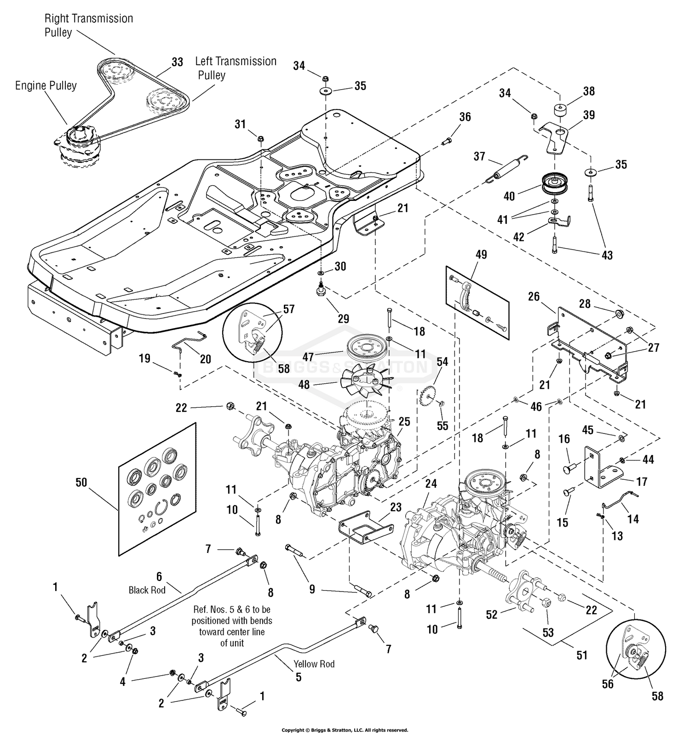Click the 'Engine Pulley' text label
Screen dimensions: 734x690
click(x=46, y=86)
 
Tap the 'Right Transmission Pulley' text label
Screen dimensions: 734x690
click(x=88, y=25)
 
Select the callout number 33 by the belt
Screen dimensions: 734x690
click(x=177, y=62)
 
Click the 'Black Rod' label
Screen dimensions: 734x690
click(x=147, y=590)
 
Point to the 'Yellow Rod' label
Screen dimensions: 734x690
click(x=314, y=664)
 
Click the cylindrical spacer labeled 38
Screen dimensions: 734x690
click(x=560, y=112)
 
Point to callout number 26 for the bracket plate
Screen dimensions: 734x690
click(x=534, y=297)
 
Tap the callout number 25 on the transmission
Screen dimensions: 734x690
click(x=404, y=421)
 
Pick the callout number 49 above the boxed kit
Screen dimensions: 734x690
click(x=481, y=255)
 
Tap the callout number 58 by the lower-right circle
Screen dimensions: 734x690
click(x=657, y=696)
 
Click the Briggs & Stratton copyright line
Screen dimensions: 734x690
click(x=345, y=730)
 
